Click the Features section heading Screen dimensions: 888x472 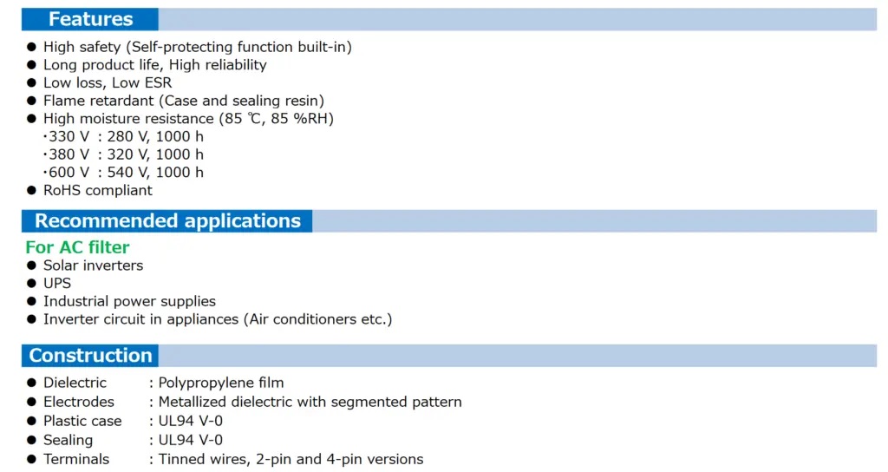pos(90,19)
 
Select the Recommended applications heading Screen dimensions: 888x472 pos(167,221)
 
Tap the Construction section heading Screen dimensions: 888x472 pos(90,355)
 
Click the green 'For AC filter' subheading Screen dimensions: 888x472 pos(77,247)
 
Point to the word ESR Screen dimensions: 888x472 pos(158,82)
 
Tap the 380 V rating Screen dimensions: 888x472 pos(69,154)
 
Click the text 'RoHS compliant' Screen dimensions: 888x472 pos(98,190)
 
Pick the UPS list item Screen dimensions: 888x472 pos(57,284)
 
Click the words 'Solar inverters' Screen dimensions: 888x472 pos(94,265)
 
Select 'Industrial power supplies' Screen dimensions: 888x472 pos(130,301)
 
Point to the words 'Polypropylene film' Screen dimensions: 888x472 pos(221,383)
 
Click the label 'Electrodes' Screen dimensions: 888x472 pos(79,402)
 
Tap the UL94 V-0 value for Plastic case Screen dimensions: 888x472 pos(190,421)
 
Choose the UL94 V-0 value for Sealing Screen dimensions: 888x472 pos(190,440)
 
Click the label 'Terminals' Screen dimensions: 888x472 pos(76,459)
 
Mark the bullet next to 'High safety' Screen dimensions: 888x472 pos(32,47)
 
